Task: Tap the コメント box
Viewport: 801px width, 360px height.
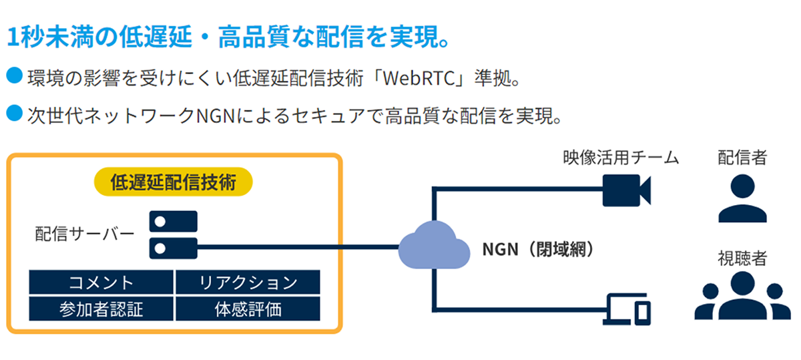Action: coord(101,283)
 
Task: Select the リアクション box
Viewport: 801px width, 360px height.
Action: coord(248,283)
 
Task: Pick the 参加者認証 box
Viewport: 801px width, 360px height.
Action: coord(101,309)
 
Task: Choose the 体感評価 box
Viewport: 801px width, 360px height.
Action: coord(248,309)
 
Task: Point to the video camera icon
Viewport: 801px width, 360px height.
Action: coord(626,190)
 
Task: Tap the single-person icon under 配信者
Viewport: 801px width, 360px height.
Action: coord(742,198)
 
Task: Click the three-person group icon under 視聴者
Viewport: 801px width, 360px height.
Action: coord(742,297)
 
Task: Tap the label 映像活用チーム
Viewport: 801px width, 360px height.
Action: coord(620,158)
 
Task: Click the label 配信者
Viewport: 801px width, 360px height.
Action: coord(742,158)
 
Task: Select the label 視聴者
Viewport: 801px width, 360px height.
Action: coord(742,258)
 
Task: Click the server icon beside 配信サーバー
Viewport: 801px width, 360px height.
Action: coord(173,234)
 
